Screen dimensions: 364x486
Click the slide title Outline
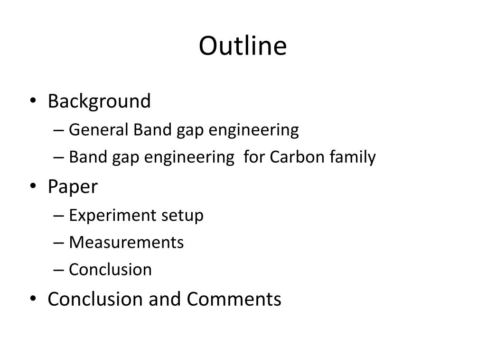point(243,46)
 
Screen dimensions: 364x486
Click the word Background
point(99,101)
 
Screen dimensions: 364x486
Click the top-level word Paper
point(72,187)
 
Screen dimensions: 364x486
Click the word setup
point(182,215)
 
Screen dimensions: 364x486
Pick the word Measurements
point(126,242)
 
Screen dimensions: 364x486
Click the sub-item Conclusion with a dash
point(110,269)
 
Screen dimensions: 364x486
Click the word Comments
point(234,299)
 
